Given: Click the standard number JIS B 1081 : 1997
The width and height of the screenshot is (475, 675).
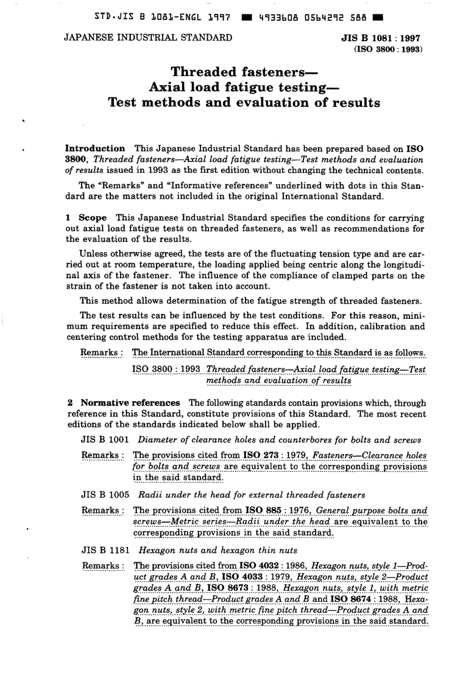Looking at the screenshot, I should pyautogui.click(x=380, y=38).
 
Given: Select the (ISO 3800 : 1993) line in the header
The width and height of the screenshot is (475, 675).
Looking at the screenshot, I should pyautogui.click(x=388, y=49).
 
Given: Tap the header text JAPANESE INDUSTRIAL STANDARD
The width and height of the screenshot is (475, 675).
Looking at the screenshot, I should pyautogui.click(x=148, y=37).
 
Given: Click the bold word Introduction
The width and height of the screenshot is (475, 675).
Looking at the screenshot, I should pyautogui.click(x=95, y=148).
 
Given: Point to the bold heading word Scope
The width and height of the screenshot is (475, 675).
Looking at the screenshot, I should pyautogui.click(x=92, y=217).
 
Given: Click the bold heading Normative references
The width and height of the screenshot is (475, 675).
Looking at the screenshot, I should pyautogui.click(x=130, y=403).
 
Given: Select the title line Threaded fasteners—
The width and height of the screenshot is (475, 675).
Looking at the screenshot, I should pyautogui.click(x=244, y=71).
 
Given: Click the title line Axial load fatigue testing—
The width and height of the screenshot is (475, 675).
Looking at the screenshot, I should pyautogui.click(x=244, y=87).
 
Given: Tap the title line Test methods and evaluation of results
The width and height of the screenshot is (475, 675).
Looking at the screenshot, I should pyautogui.click(x=244, y=103).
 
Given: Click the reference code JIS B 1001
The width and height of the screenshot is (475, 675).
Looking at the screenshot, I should pyautogui.click(x=105, y=440).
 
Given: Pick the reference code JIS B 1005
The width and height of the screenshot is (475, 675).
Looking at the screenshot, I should pyautogui.click(x=105, y=495).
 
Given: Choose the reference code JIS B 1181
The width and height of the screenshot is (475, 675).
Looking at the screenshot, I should pyautogui.click(x=105, y=550).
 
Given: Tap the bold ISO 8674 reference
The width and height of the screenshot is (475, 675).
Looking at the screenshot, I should pyautogui.click(x=347, y=598).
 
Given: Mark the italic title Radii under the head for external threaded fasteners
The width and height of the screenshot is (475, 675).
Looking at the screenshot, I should pyautogui.click(x=251, y=495).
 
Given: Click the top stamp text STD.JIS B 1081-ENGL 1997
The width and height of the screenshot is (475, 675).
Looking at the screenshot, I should pyautogui.click(x=162, y=18).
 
